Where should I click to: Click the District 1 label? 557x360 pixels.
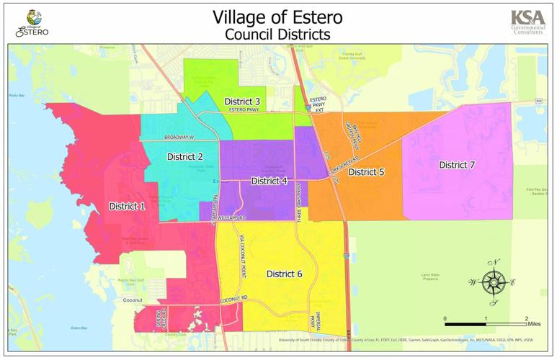127,207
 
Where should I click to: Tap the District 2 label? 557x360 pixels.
185,156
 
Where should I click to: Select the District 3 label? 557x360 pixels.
242,101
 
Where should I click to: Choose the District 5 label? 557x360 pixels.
366,172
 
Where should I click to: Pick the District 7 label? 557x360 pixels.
457,165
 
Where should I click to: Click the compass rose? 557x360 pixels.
494,282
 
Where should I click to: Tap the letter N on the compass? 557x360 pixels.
494,262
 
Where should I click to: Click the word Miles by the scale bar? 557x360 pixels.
533,325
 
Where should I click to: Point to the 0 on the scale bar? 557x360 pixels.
445,318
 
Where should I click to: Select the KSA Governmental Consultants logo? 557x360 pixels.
527,21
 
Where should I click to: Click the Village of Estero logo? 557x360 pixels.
32,22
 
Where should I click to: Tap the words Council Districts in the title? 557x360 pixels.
277,34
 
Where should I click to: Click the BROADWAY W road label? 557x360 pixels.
179,137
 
